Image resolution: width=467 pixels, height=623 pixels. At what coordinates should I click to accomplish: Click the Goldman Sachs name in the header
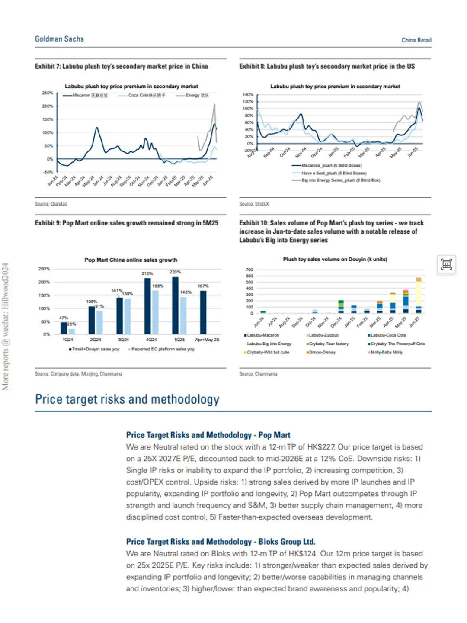click(x=59, y=39)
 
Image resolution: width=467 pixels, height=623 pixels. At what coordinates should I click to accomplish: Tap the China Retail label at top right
click(x=416, y=40)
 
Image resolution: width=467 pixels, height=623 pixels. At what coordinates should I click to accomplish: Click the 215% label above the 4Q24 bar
click(x=147, y=273)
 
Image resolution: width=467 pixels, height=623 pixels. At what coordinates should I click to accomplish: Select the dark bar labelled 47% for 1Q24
click(x=64, y=328)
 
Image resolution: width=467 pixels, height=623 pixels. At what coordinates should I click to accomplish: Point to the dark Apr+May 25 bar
click(x=203, y=312)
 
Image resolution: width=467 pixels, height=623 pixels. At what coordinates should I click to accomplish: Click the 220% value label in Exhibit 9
click(x=175, y=272)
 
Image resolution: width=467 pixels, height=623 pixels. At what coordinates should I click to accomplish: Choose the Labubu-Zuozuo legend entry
click(x=323, y=335)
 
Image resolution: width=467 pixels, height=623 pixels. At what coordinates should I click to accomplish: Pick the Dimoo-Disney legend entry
click(x=322, y=352)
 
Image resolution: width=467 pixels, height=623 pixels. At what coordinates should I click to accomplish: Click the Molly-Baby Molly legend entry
click(x=386, y=352)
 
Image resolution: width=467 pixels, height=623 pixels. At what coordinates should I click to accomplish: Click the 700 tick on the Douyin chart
click(x=249, y=270)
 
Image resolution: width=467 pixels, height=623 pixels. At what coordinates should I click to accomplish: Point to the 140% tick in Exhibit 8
click(x=248, y=94)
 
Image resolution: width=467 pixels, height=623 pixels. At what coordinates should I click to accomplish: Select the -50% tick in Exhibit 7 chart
click(x=48, y=172)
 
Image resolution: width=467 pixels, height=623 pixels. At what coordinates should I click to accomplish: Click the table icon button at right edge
click(x=447, y=264)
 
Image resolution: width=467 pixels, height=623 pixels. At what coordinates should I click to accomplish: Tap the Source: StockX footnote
click(x=254, y=204)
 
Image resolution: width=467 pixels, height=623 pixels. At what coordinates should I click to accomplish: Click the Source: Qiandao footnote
click(x=51, y=204)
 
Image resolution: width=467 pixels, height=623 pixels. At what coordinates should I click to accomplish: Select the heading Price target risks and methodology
click(x=127, y=399)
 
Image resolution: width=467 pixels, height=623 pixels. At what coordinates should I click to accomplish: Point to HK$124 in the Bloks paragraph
click(x=303, y=553)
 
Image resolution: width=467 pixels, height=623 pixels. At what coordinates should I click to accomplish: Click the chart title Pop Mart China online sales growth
click(x=131, y=260)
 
